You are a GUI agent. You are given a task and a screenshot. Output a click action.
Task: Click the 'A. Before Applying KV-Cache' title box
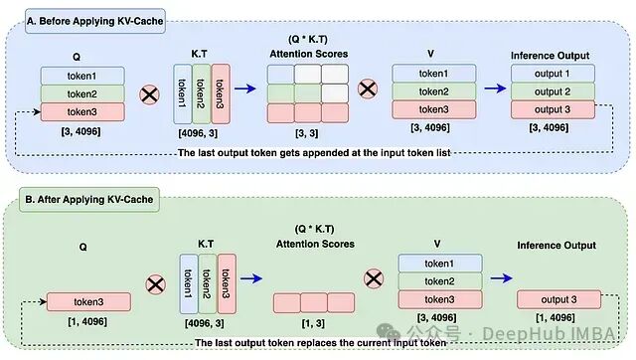(95, 21)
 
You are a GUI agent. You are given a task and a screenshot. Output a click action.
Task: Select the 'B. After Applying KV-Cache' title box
(89, 199)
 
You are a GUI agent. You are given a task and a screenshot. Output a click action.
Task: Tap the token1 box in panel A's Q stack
(82, 76)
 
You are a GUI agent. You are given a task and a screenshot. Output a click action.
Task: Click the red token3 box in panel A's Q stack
(82, 111)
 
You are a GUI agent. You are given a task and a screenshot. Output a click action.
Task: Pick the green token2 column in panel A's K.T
(201, 93)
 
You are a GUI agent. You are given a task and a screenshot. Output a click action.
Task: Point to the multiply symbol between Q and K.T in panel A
(149, 94)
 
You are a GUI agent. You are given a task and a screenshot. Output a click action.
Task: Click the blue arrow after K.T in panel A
(245, 89)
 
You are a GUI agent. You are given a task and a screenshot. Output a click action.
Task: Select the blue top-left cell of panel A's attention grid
(280, 74)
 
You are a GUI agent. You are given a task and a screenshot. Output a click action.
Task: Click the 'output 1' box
(553, 74)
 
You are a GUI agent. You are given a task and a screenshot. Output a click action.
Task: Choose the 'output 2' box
(553, 91)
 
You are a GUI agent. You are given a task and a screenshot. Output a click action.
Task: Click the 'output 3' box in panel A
(553, 109)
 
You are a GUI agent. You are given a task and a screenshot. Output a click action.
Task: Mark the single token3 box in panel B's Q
(88, 302)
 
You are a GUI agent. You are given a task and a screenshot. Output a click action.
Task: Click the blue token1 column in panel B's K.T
(189, 284)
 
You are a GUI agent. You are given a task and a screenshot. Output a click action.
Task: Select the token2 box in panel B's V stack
(440, 281)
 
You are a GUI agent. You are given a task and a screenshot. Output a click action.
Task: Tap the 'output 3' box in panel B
(558, 299)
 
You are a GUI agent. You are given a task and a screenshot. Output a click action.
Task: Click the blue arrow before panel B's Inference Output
(501, 278)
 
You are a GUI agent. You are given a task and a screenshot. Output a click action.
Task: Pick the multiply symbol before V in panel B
(374, 278)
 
